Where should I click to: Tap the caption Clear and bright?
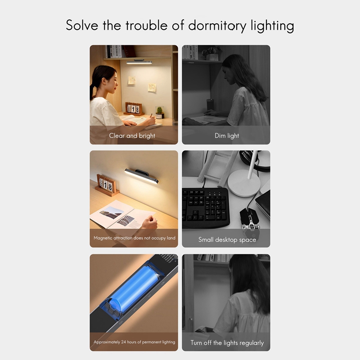(132, 135)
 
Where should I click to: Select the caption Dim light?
(226, 135)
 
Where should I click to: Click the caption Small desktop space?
(227, 240)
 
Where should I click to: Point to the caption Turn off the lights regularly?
(227, 343)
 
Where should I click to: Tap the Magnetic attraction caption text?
(134, 238)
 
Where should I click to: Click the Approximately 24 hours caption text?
(134, 342)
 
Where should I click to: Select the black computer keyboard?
(205, 207)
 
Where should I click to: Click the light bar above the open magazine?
(141, 175)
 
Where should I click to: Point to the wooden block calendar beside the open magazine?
(106, 184)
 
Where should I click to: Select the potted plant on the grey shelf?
(211, 54)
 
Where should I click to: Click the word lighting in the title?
(272, 26)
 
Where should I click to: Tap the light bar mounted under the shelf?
(139, 62)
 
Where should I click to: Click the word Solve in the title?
(82, 25)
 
